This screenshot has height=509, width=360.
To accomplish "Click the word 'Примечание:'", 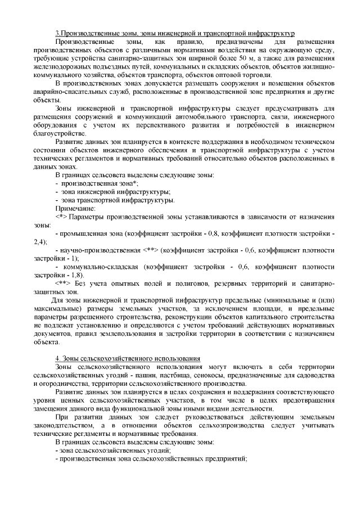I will point(75,208).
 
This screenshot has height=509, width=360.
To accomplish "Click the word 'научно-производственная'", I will point(100,249).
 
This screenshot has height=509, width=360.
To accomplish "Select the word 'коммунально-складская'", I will point(102,266).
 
